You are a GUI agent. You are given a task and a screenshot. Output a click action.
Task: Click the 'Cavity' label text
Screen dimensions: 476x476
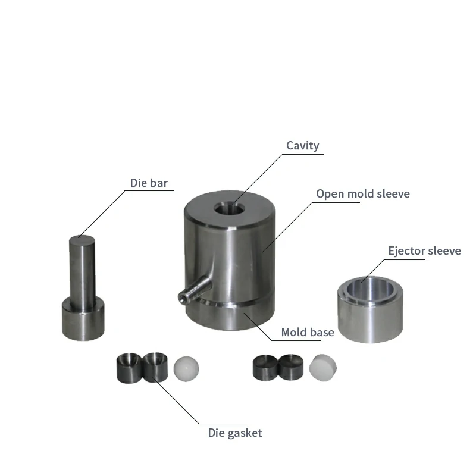pyautogui.click(x=303, y=146)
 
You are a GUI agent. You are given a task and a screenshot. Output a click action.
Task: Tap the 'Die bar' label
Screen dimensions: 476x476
pyautogui.click(x=149, y=183)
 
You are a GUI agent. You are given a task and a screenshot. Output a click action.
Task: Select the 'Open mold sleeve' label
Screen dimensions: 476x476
pyautogui.click(x=363, y=194)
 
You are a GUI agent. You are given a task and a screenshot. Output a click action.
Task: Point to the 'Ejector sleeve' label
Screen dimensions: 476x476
pyautogui.click(x=425, y=250)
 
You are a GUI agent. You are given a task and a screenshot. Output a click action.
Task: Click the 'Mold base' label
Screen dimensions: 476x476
pyautogui.click(x=308, y=332)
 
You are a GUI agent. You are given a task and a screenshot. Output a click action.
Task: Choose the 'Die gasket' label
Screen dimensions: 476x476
pyautogui.click(x=235, y=433)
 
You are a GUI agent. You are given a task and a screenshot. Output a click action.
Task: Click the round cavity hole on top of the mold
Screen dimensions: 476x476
pyautogui.click(x=229, y=209)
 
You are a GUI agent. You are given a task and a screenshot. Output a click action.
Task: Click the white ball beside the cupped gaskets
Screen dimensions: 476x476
pyautogui.click(x=186, y=368)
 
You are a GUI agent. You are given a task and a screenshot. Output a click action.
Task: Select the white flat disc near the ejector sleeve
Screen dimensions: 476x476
pyautogui.click(x=322, y=367)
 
